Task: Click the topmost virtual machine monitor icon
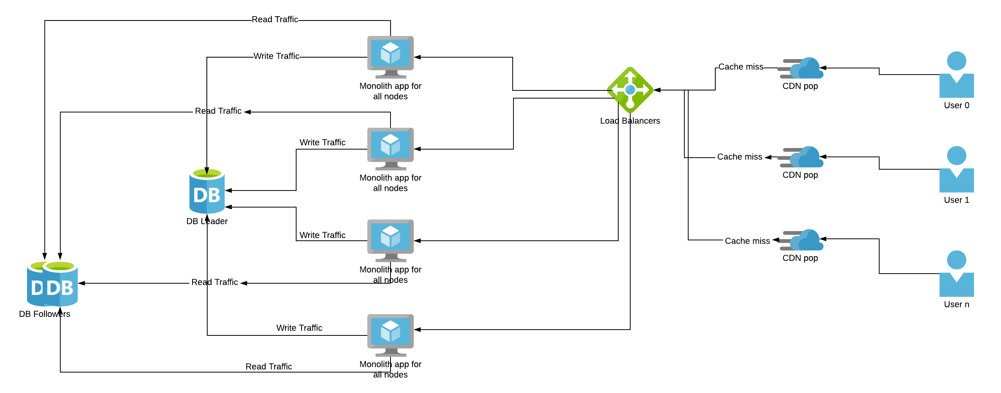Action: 391,57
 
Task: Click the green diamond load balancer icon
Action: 630,90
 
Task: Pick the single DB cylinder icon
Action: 207,190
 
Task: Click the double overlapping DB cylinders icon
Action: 53,283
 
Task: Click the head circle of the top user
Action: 956,61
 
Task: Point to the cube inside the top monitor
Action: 391,53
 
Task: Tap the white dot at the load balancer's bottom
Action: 630,104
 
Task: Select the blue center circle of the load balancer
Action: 630,90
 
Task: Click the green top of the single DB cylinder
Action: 207,173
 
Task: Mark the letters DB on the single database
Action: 207,195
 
